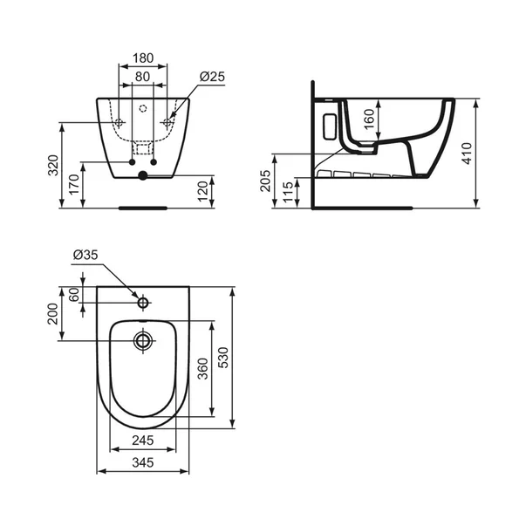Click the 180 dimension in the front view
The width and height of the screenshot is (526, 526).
[143, 58]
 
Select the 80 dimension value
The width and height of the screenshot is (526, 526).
[143, 77]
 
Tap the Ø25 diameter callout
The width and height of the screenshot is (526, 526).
[212, 77]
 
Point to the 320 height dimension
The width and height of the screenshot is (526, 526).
[52, 164]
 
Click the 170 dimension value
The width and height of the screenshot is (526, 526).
[74, 184]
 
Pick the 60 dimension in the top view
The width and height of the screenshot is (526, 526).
[75, 295]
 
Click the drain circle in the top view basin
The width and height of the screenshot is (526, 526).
[142, 340]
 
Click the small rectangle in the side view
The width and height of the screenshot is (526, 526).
[330, 126]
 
